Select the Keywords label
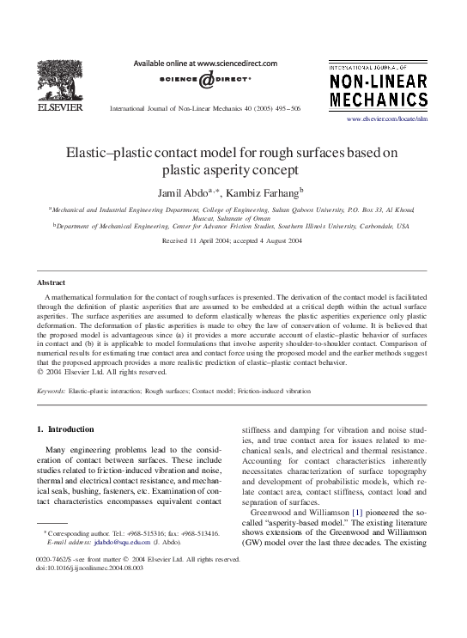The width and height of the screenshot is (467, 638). coord(52,391)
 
